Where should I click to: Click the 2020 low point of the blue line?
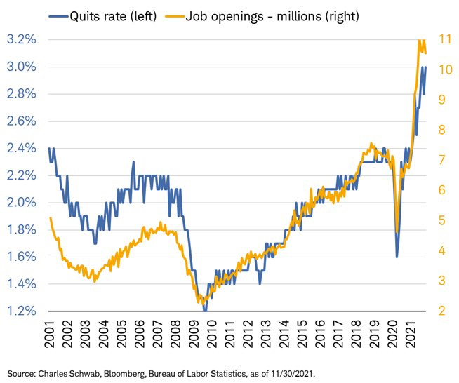click(397, 257)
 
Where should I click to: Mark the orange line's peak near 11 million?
click(420, 41)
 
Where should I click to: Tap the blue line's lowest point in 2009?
click(204, 310)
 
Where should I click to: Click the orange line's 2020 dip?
click(397, 232)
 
